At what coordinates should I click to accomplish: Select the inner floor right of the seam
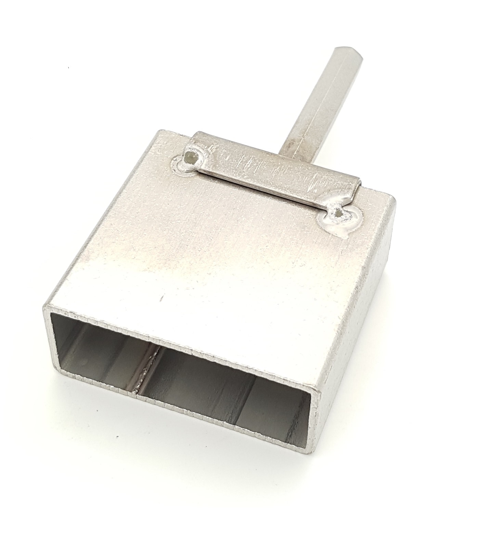pos(205,387)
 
